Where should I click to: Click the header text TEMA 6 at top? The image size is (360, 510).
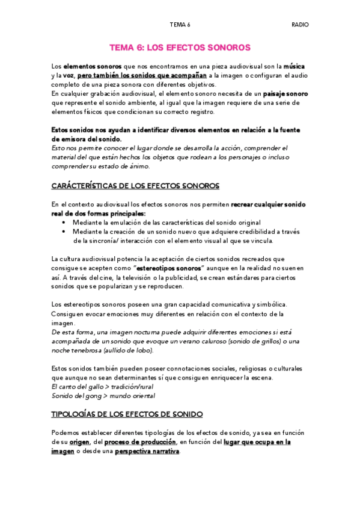(180, 25)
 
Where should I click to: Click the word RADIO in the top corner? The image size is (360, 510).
(300, 25)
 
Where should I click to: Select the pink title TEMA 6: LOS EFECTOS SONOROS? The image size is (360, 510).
(180, 47)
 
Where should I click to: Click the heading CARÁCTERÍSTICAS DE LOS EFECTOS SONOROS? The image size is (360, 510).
(135, 186)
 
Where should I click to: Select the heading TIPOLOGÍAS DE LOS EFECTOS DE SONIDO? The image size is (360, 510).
(127, 414)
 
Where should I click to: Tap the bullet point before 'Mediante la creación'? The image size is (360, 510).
(64, 232)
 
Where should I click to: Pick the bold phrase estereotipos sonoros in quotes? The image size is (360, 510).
(168, 268)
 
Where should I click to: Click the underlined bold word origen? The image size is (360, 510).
(79, 442)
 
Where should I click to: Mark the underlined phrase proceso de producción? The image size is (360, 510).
(141, 442)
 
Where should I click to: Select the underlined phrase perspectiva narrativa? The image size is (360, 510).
(147, 452)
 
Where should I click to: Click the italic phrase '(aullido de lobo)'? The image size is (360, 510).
(130, 349)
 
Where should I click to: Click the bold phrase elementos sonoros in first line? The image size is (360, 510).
(91, 66)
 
